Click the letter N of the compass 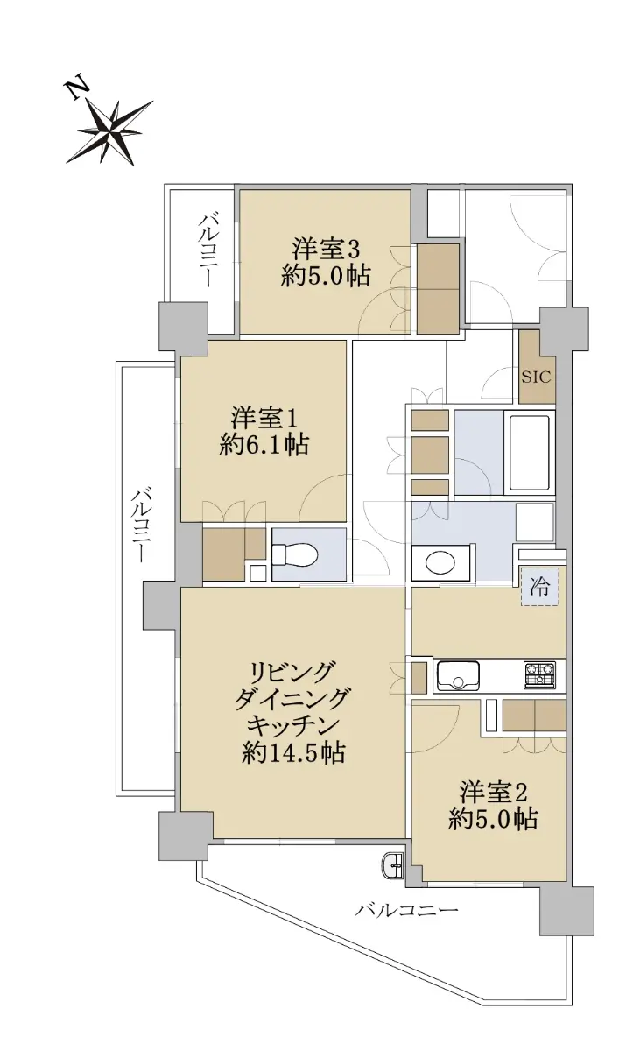[76, 88]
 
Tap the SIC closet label [536, 377]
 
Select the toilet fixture [296, 555]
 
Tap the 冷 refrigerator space [539, 587]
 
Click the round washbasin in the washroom [440, 562]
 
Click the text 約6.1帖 [264, 444]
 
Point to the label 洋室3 [326, 249]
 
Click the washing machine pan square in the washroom [536, 523]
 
